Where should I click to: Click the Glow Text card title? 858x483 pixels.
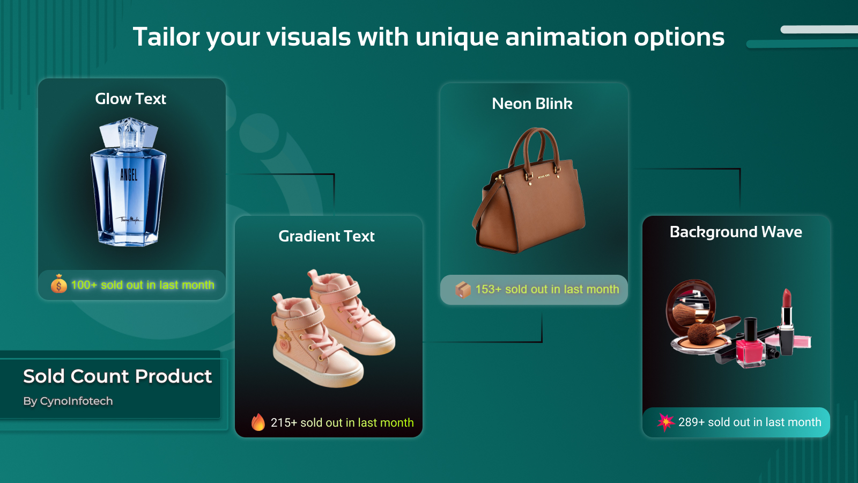point(131,99)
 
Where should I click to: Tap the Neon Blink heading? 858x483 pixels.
point(532,104)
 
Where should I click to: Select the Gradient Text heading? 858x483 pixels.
point(327,236)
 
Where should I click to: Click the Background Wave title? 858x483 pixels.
point(736,232)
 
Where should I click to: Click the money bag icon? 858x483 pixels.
point(58,284)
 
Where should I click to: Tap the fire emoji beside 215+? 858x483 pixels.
point(258,422)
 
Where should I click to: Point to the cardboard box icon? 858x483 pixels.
point(463,289)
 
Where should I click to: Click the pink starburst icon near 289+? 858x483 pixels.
point(665,422)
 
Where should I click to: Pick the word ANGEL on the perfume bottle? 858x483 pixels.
point(129,175)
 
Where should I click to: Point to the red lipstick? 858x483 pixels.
point(786,321)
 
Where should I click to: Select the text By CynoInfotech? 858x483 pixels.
point(68,401)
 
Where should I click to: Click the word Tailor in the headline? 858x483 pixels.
point(166,37)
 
